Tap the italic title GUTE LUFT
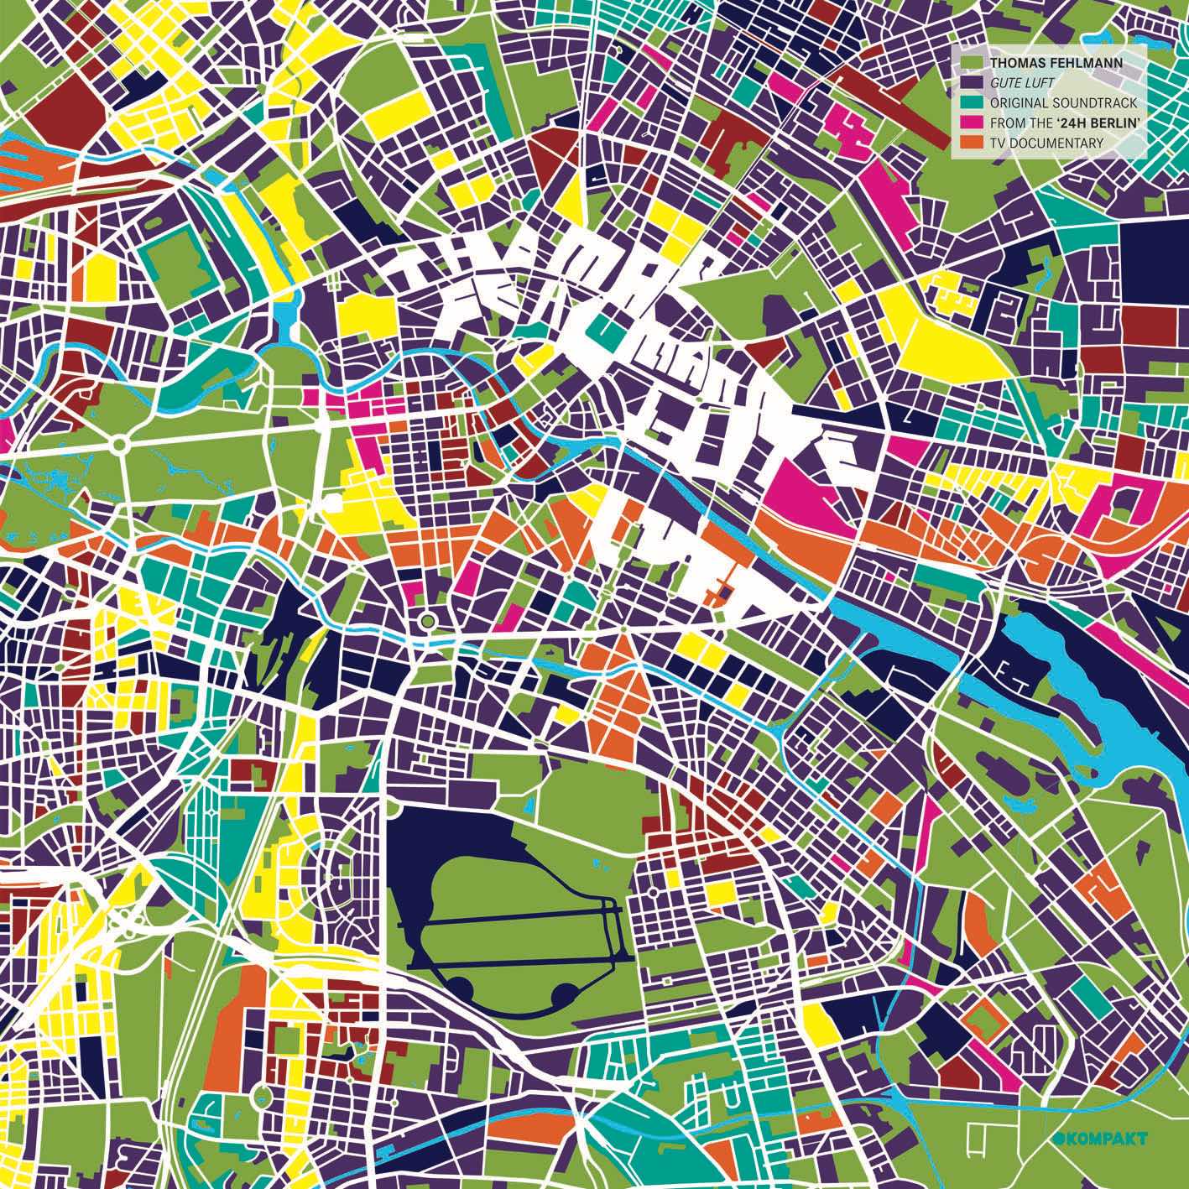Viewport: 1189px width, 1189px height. point(1020,83)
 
